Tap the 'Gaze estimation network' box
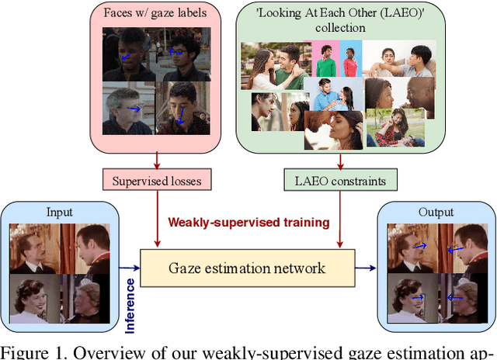[247, 268]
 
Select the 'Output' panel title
[436, 212]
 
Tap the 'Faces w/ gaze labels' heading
[158, 14]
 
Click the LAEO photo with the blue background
[346, 60]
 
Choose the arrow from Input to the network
[127, 268]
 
